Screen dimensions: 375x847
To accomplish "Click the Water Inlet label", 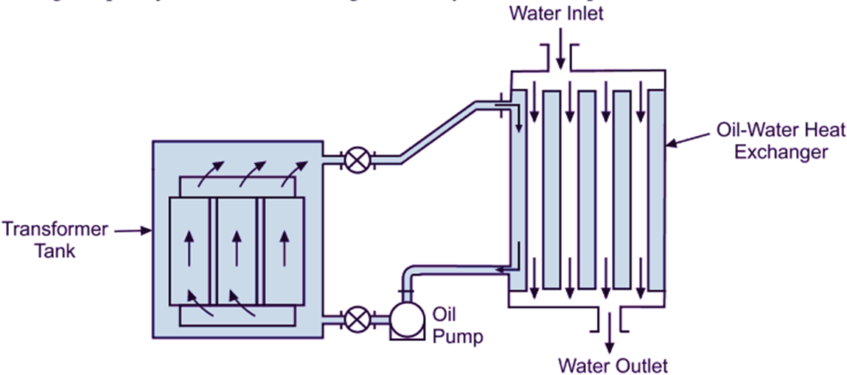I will coord(557,14).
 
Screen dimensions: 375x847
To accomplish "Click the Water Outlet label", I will coord(613,365).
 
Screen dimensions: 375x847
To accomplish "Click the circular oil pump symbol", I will coord(403,319).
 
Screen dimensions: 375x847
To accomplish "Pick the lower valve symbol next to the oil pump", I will coord(358,319).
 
